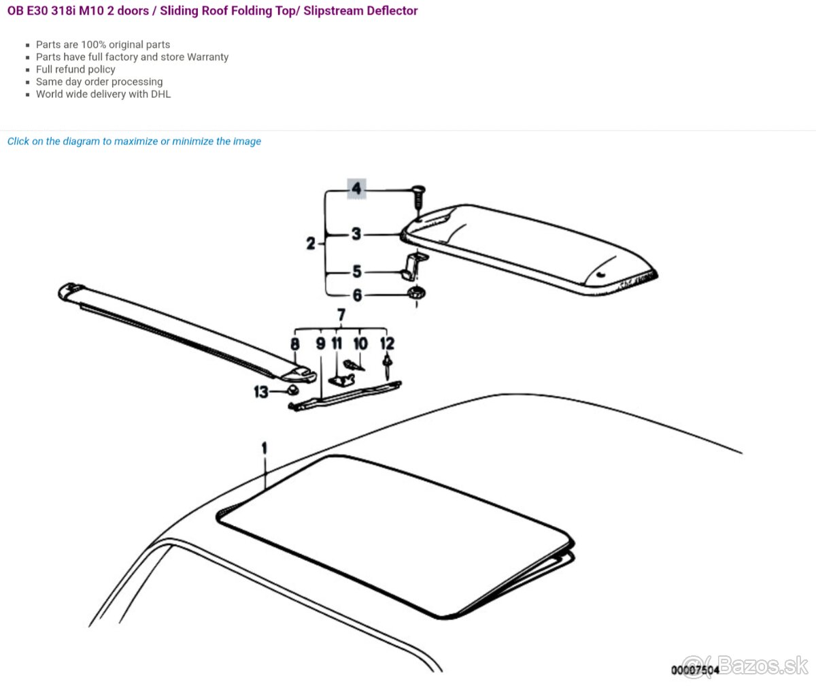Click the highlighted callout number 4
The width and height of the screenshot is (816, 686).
tap(356, 189)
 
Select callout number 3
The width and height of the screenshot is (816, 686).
tap(356, 234)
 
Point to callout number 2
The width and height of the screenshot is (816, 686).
tap(311, 243)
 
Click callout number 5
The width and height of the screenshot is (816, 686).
tap(357, 272)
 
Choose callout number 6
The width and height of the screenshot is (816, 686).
tap(357, 295)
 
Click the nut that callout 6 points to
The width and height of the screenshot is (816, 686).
tap(416, 293)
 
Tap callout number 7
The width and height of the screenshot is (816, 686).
tap(341, 315)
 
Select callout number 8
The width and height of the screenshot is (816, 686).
tap(295, 344)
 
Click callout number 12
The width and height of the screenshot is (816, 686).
tap(388, 344)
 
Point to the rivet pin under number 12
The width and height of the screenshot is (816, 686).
tap(388, 366)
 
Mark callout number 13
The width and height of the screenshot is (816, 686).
tap(261, 391)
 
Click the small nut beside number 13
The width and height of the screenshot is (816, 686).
tap(292, 389)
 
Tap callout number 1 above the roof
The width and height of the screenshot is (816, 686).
tap(265, 448)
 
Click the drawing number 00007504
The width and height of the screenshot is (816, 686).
tap(695, 670)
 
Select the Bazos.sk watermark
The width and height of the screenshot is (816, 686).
tap(745, 665)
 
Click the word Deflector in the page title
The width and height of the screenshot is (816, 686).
tap(395, 11)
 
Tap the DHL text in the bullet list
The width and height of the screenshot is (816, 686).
tap(160, 94)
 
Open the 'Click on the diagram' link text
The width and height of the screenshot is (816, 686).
tap(134, 141)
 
